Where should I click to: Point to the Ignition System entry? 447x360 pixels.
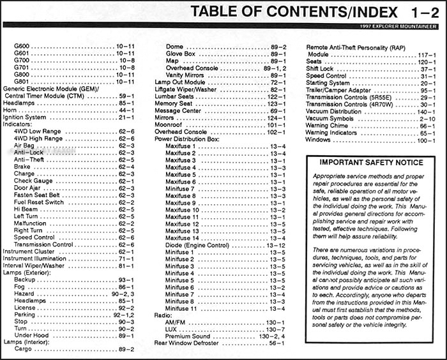[x=25, y=117]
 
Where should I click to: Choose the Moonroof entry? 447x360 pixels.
[x=169, y=124]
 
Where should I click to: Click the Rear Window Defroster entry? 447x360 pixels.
[x=186, y=343]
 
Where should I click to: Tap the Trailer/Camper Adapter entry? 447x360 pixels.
[x=338, y=90]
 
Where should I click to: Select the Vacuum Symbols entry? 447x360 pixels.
[x=330, y=118]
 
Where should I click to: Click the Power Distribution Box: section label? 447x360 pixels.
[x=186, y=139]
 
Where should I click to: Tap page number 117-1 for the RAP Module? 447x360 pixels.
[x=424, y=55]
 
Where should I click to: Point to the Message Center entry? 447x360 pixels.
[x=178, y=110]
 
